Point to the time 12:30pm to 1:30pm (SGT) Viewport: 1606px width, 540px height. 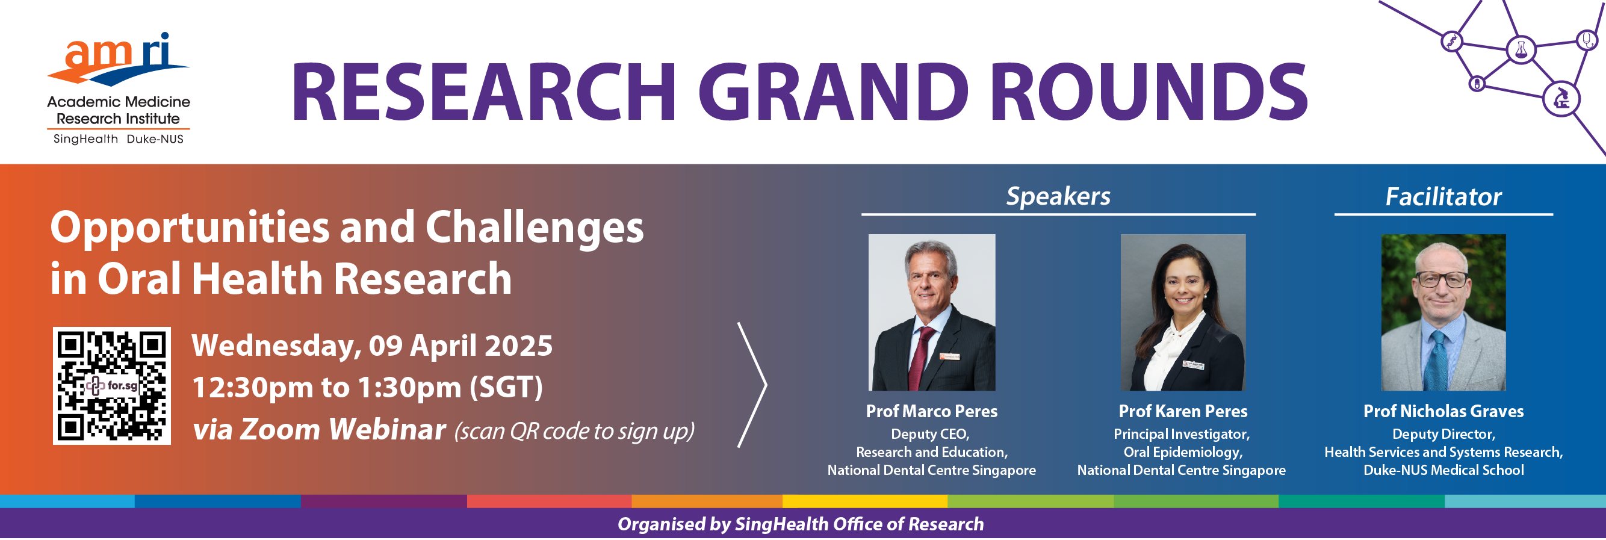[368, 388]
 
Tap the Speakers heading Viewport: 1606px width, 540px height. [1058, 197]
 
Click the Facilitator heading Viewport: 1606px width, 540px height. [1443, 197]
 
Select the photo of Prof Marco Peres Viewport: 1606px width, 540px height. [931, 313]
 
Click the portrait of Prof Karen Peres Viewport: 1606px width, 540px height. [1183, 313]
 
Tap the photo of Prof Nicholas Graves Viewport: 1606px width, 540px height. [1443, 313]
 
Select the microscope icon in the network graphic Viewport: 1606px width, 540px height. [1560, 99]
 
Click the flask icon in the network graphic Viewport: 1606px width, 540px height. [1521, 49]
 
